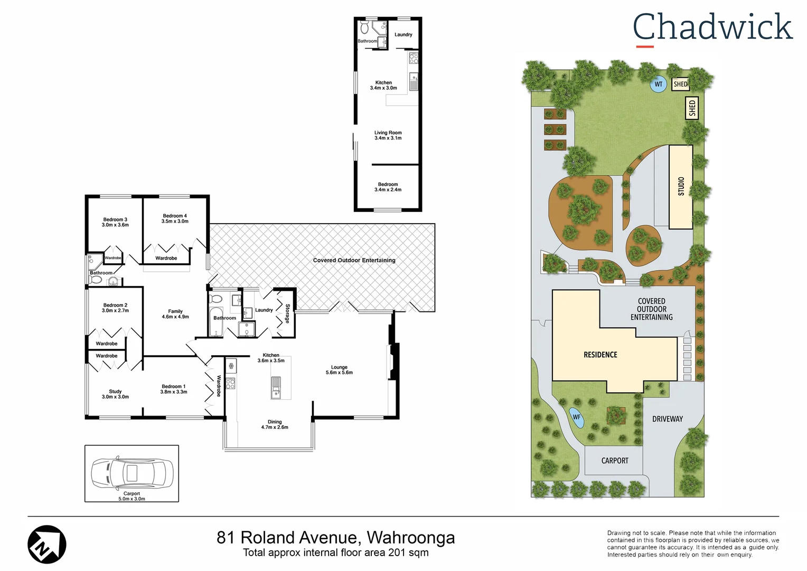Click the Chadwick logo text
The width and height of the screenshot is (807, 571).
coord(712,27)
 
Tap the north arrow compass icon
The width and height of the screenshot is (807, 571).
coord(47,545)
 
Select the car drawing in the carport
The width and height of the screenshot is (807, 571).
coord(132,473)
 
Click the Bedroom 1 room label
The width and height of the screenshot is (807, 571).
coord(174,389)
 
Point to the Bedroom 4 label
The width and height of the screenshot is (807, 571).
coord(175,218)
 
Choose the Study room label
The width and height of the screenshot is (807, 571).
coord(115,394)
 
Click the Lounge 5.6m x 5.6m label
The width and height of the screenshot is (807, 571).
coord(339,370)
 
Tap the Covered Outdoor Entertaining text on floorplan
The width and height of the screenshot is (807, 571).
coord(354,260)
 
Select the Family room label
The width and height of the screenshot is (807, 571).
coord(175,314)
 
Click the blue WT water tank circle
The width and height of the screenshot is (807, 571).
coord(658,85)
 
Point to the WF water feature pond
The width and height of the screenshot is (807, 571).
coord(577,417)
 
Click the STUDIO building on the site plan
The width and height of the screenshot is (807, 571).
coord(681,187)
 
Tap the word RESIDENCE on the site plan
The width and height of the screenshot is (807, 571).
coord(600,355)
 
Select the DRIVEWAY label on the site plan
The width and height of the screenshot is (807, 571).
coord(668,419)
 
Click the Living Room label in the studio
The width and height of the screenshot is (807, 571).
coord(388,135)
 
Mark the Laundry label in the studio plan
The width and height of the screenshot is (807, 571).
coord(403,35)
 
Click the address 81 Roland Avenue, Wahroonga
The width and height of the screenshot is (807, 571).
coord(335,537)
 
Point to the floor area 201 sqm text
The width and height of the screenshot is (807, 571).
coord(335,552)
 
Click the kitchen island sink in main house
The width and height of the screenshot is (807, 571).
coord(276,386)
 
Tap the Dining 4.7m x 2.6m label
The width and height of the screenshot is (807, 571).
coord(275,425)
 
